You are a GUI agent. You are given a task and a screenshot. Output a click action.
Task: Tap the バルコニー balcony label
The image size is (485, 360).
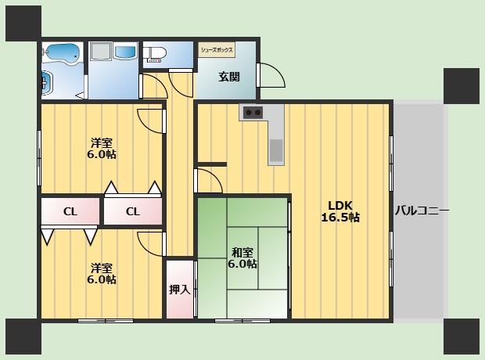point(422,211)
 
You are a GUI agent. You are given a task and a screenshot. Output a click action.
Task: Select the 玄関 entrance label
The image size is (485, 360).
point(228,77)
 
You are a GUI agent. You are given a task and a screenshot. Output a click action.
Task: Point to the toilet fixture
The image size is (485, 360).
point(155,52)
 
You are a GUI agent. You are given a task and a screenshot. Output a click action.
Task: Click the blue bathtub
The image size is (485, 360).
point(63,53)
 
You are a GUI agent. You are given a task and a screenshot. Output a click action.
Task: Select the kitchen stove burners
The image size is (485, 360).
point(253,112)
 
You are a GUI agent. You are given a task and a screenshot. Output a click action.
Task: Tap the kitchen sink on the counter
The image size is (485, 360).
point(276,149)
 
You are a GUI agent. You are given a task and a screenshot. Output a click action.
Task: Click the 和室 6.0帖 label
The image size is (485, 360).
point(242,257)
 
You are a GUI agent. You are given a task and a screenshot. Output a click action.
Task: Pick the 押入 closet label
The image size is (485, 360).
point(180,290)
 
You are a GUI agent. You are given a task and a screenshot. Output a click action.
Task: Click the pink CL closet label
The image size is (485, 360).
point(70,211)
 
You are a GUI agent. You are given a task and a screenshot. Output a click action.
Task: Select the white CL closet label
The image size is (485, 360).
point(133,211)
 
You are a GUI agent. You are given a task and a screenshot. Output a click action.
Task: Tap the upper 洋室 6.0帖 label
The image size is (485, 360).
point(102,149)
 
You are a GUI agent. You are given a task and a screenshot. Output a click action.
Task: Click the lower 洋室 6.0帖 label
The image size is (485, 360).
point(102,273)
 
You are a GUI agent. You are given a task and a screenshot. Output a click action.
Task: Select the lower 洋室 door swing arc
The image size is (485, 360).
point(151,243)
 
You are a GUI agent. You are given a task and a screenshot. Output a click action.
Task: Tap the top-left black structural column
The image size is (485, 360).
point(23,23)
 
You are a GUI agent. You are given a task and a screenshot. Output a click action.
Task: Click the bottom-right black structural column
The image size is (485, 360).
point(461,337)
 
